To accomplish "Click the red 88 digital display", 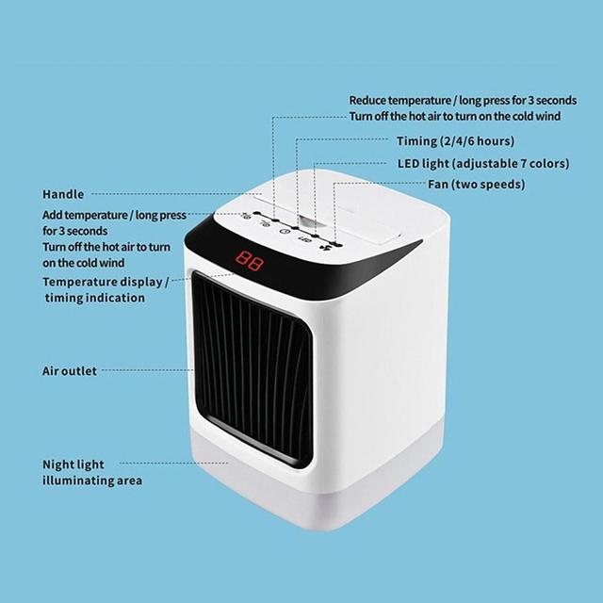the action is (x=249, y=260).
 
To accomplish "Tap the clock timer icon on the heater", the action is (x=285, y=232).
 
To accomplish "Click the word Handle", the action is (x=63, y=194).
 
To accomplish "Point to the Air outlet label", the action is (x=70, y=371).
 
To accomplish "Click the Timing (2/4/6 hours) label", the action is (x=455, y=141).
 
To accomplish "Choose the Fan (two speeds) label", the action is (x=477, y=185).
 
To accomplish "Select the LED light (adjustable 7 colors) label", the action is (x=483, y=163).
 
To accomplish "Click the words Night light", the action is (x=73, y=464).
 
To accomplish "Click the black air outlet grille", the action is (x=253, y=369).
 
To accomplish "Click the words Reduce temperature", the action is (x=399, y=101).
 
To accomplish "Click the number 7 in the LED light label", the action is (x=524, y=163).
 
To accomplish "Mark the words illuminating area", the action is (x=92, y=481).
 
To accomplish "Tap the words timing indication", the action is (x=95, y=298).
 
